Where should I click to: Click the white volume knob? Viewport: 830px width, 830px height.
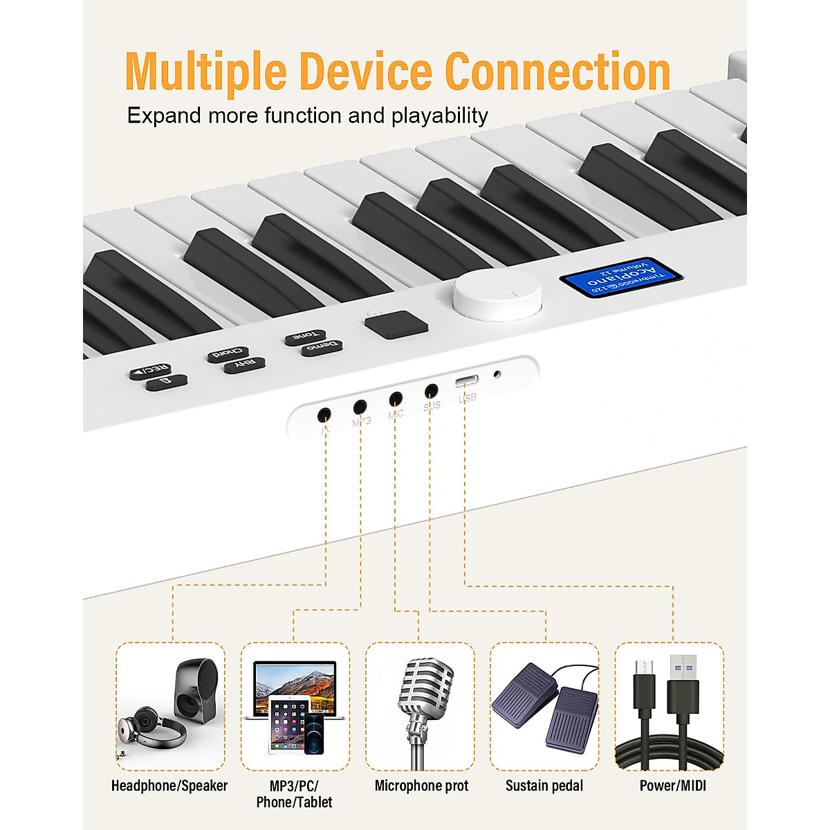(x=497, y=295)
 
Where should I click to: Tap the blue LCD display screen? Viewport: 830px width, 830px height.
(x=620, y=277)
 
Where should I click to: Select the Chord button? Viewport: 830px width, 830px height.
(x=229, y=354)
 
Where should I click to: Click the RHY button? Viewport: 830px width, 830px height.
(x=244, y=365)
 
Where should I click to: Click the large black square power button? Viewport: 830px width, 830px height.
(x=396, y=324)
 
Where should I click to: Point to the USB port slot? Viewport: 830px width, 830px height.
(x=466, y=381)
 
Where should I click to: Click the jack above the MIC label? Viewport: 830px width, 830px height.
(x=396, y=398)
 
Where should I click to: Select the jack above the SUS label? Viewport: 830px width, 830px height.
(x=432, y=390)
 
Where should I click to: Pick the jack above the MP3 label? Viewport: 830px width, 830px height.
(x=360, y=407)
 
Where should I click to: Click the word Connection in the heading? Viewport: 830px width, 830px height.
(x=557, y=71)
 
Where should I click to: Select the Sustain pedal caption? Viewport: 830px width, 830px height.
(x=544, y=786)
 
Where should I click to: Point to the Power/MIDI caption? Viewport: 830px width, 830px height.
(x=672, y=786)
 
